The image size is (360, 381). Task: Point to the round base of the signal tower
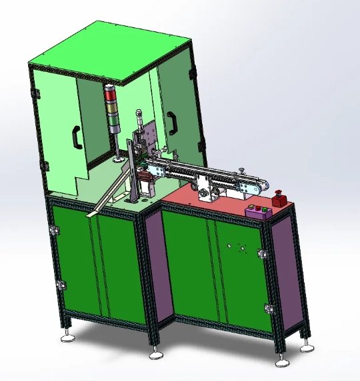click(117, 159)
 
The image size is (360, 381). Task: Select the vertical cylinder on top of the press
click(139, 120)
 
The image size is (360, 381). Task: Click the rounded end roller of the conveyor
click(266, 187)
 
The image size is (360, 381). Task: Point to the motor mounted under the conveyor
click(207, 194)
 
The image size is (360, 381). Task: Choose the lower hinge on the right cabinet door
click(268, 308)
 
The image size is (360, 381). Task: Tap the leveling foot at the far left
click(68, 337)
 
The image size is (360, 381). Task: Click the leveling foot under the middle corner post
click(157, 353)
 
